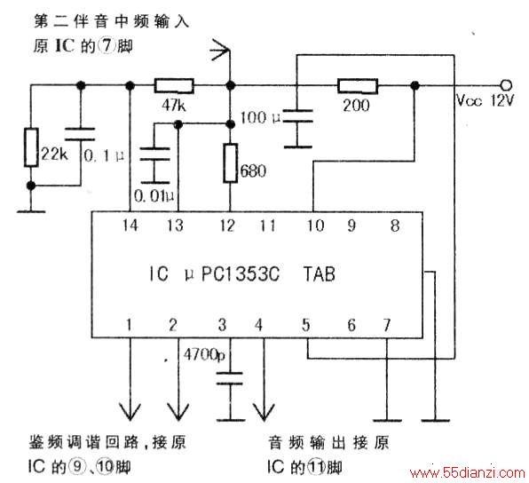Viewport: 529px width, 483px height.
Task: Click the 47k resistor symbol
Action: [174, 86]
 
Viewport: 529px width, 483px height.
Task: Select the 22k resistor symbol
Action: [31, 147]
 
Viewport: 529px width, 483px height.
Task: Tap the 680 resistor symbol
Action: [231, 163]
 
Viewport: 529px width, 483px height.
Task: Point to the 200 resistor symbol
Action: [358, 86]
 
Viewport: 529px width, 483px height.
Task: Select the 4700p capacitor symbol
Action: [230, 379]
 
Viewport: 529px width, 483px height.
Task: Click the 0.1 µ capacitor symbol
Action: [80, 134]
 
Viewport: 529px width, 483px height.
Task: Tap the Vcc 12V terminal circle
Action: [507, 85]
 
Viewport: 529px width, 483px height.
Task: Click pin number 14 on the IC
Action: [130, 226]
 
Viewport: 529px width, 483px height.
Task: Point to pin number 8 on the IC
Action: [395, 226]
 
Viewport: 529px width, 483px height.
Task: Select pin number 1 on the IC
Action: [129, 325]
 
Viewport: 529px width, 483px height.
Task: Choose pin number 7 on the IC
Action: [387, 325]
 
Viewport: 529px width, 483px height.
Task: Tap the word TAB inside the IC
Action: [320, 273]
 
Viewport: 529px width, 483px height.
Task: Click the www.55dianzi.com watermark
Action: [468, 472]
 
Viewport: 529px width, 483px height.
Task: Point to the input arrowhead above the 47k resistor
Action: [220, 50]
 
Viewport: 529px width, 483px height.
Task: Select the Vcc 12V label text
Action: [486, 100]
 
